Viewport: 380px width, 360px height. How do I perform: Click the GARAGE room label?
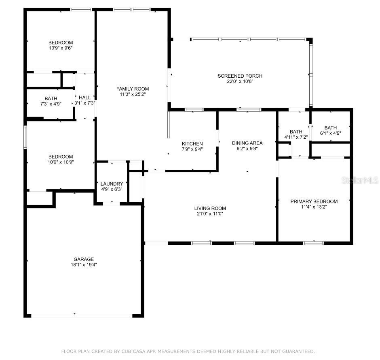[x=84, y=259]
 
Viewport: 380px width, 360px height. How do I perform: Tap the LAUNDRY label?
[x=112, y=184]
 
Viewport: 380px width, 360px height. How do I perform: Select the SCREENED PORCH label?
[x=240, y=76]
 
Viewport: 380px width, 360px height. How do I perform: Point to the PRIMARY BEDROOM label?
[x=314, y=201]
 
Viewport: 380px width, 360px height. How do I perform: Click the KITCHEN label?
[x=192, y=144]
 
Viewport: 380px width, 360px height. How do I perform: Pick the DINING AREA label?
[x=247, y=143]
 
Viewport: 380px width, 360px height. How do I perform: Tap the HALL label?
[x=84, y=97]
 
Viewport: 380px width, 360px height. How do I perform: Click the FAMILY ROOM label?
[x=133, y=89]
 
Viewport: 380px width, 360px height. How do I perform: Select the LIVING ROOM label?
[x=210, y=208]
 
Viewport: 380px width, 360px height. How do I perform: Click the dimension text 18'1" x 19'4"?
[x=84, y=265]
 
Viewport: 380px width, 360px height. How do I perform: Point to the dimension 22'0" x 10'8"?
[x=240, y=81]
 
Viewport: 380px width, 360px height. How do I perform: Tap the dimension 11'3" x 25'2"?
[x=133, y=94]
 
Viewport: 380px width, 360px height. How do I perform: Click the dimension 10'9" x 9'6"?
[x=61, y=48]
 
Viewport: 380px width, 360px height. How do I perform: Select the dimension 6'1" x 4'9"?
[x=331, y=133]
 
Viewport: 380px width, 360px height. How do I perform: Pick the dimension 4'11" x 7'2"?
[x=296, y=137]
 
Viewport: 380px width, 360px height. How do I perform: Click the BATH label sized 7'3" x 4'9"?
[x=51, y=98]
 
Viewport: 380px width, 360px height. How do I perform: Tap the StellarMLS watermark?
[x=360, y=180]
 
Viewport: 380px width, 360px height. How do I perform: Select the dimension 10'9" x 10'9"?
[x=61, y=162]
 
